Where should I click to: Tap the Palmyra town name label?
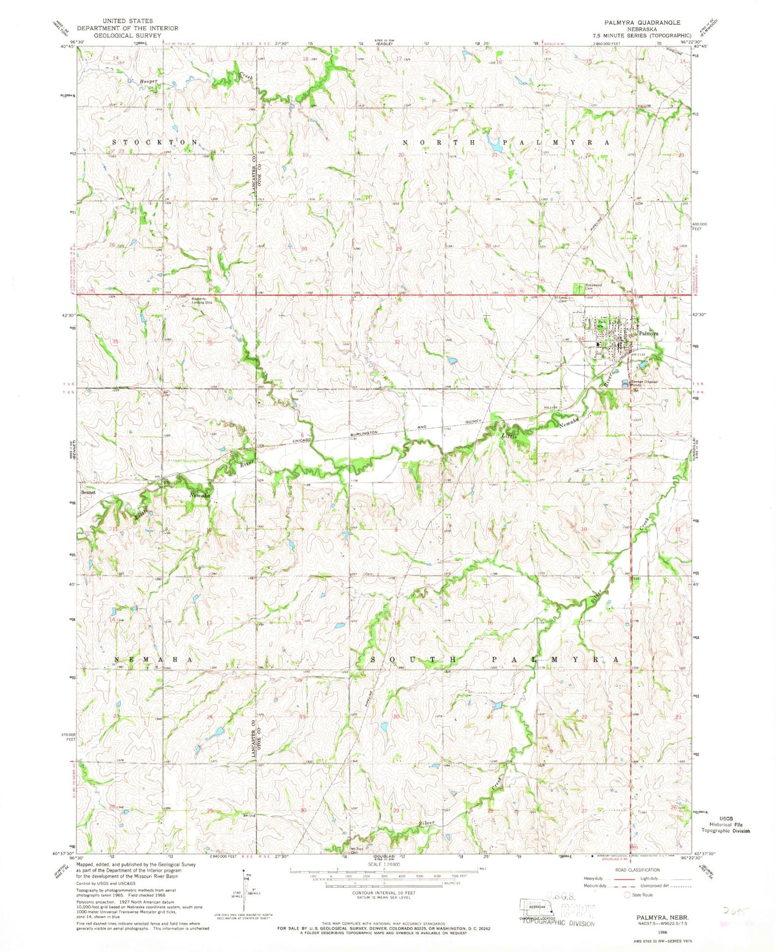point(648,334)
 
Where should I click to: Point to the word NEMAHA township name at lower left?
point(153,660)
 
